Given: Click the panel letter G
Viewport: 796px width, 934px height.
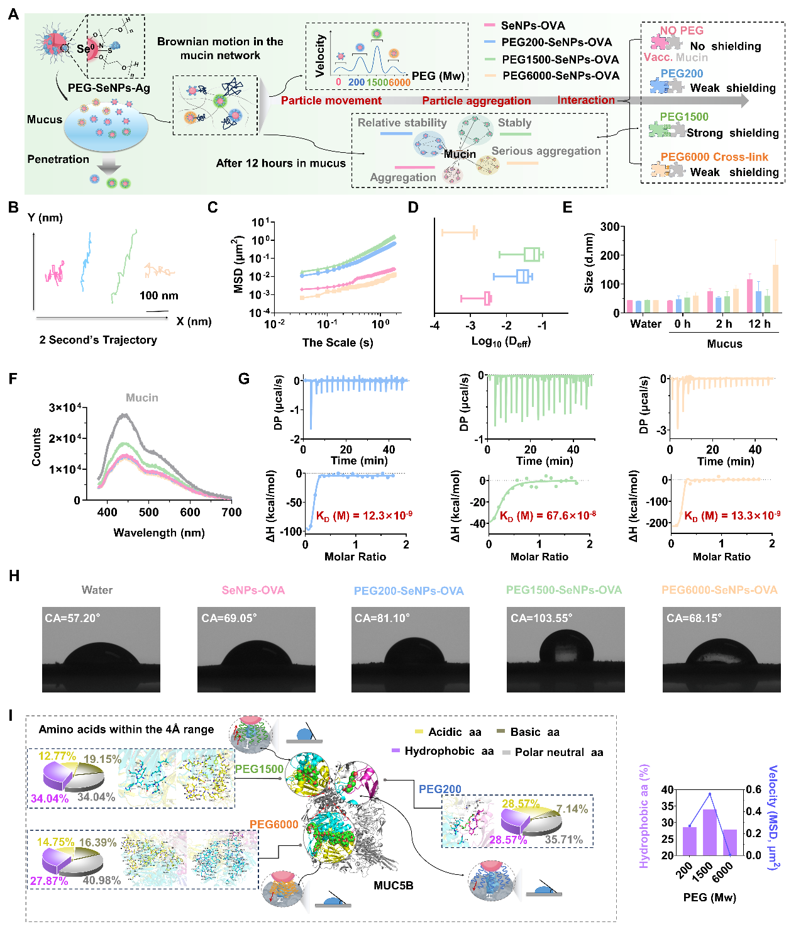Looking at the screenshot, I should (244, 379).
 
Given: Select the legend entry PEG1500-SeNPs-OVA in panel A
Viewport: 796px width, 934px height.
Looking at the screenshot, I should (560, 59).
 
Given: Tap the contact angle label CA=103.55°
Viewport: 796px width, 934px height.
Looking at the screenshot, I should (541, 618).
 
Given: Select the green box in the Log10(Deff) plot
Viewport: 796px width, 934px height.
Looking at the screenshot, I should (532, 254).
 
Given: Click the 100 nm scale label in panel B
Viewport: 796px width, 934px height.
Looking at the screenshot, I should (158, 296).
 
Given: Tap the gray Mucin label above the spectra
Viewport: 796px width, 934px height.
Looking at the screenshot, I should (142, 398).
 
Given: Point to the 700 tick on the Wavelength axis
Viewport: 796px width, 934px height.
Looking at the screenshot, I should (231, 512).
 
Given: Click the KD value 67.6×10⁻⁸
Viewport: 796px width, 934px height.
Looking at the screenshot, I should (548, 516).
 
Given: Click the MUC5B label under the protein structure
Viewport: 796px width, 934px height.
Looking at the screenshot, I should (394, 886).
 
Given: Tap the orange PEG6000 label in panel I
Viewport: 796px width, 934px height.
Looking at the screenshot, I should (274, 825).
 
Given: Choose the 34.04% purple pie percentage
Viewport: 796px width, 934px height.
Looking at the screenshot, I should (49, 799).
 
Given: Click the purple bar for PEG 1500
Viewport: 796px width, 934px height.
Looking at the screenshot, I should (710, 832).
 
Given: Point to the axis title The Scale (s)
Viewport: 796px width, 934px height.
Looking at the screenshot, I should (338, 343).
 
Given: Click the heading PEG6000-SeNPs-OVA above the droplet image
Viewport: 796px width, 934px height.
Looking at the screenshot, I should (719, 590).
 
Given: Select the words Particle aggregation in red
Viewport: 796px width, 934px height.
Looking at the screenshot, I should (476, 101).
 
